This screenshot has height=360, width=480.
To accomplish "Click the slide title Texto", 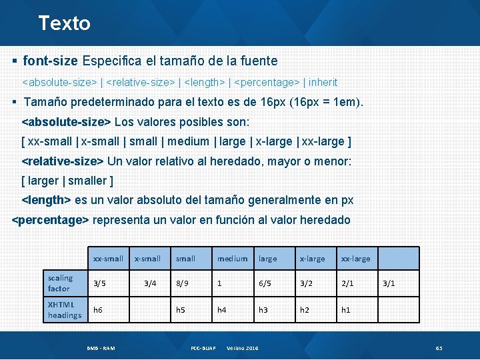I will [64, 23].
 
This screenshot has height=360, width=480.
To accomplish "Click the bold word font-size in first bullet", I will [50, 61].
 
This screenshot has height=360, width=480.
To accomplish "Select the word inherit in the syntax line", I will [323, 83].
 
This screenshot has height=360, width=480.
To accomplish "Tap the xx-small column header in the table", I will [108, 259].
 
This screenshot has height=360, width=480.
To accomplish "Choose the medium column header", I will [232, 259].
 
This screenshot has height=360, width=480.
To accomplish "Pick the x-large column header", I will [312, 259].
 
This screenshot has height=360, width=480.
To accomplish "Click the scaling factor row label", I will [60, 283].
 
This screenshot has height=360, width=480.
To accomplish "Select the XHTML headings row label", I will [65, 310].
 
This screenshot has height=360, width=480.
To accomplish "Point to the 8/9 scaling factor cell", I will [182, 283].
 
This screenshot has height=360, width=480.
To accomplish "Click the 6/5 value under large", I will [265, 283].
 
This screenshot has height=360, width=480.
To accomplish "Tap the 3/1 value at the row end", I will [389, 283].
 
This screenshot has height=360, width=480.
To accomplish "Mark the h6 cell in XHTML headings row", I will [98, 310].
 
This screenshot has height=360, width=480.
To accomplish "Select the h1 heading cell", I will [345, 310].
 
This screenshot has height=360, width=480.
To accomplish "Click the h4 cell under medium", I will [222, 310].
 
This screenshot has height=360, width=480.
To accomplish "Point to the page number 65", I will [439, 349].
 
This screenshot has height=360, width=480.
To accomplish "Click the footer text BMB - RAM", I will [101, 349].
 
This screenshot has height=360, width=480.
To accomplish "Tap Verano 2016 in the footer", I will [243, 349].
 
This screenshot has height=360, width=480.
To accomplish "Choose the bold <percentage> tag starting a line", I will [51, 220].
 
